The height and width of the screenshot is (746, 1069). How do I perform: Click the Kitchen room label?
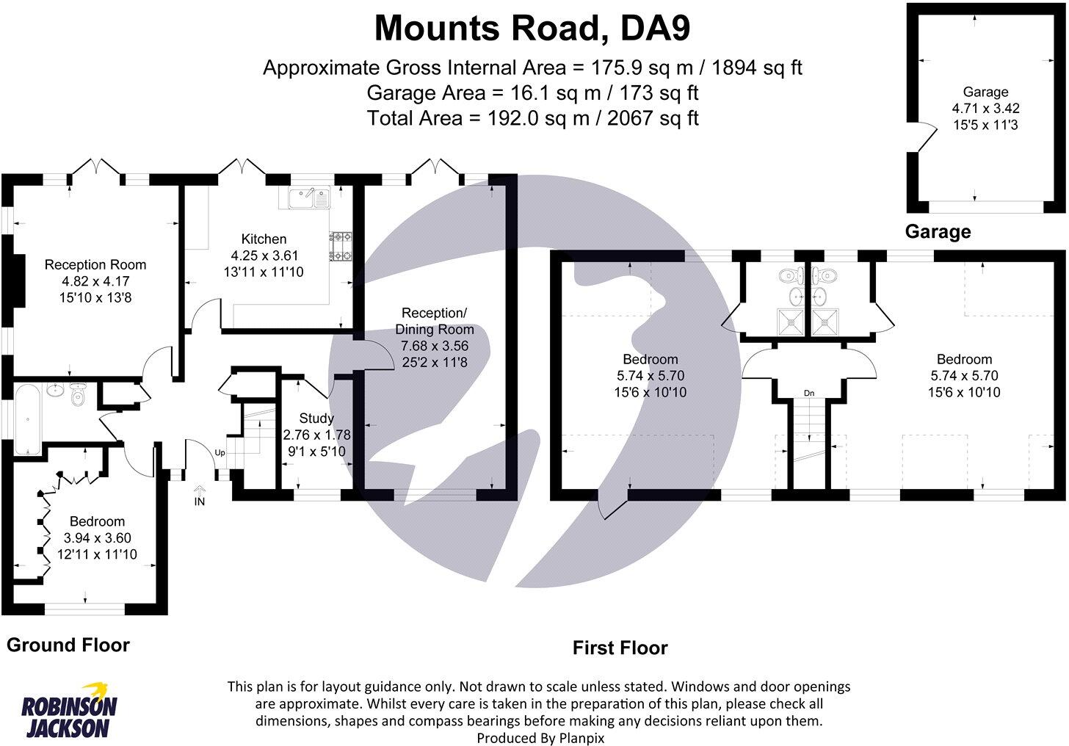click(x=264, y=239)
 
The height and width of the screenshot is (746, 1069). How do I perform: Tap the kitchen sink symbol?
click(x=310, y=197)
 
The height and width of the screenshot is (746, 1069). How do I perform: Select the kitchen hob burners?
click(x=341, y=246)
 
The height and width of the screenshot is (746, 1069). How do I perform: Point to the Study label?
click(x=316, y=419)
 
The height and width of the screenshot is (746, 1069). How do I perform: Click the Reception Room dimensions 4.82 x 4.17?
click(x=95, y=281)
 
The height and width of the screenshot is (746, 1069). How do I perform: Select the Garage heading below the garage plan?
click(x=938, y=232)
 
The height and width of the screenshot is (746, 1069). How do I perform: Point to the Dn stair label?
click(x=809, y=394)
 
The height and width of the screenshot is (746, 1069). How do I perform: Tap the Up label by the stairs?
click(x=220, y=453)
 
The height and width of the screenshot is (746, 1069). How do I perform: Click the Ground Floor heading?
click(x=68, y=645)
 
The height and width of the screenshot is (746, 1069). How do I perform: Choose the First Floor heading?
click(x=620, y=648)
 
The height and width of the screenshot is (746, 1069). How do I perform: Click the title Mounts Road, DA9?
click(x=532, y=29)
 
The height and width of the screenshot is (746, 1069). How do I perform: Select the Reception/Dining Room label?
click(x=435, y=322)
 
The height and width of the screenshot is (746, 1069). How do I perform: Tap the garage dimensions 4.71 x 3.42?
click(x=985, y=109)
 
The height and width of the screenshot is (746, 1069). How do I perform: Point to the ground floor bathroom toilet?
click(x=79, y=397)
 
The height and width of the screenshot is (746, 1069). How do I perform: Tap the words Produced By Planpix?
click(x=540, y=737)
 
